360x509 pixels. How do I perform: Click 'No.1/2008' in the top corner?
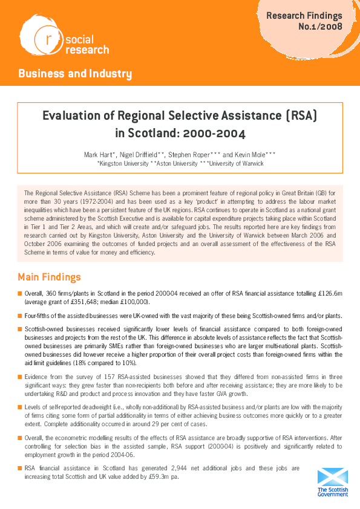[320, 27]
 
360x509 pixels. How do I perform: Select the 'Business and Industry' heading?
[75, 74]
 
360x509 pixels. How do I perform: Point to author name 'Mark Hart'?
[98, 155]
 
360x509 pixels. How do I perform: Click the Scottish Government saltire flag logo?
[332, 476]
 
